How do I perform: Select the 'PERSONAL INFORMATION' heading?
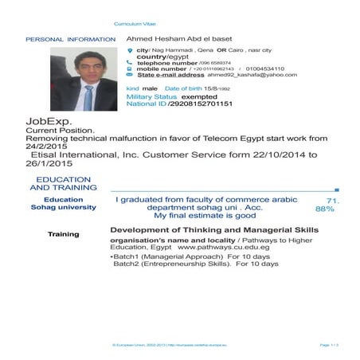[x=71, y=39]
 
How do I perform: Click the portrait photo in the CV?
[x=82, y=77]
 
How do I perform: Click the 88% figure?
[x=325, y=208]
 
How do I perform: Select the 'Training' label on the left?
[x=64, y=234]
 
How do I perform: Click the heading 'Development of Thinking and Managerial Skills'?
[x=213, y=229]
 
